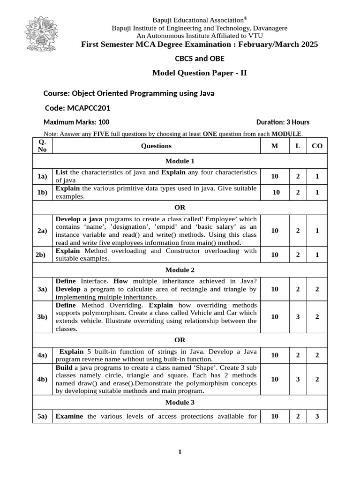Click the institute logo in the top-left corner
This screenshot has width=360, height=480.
pyautogui.click(x=48, y=35)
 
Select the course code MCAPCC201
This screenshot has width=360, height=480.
pyautogui.click(x=78, y=108)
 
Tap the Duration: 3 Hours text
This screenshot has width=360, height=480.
pyautogui.click(x=283, y=122)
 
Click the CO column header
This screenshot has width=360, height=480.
pyautogui.click(x=317, y=146)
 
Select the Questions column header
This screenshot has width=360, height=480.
pyautogui.click(x=156, y=146)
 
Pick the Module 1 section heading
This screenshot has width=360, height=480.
pyautogui.click(x=180, y=161)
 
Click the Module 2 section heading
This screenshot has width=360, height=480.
pyautogui.click(x=180, y=270)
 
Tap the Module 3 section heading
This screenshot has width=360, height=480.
pyautogui.click(x=180, y=402)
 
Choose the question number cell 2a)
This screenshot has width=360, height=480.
pyautogui.click(x=42, y=231)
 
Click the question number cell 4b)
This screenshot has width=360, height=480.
pyautogui.click(x=42, y=379)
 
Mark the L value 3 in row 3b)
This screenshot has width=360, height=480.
pyautogui.click(x=298, y=316)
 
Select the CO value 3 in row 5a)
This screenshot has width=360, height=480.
pyautogui.click(x=317, y=416)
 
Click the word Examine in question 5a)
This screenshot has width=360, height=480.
pyautogui.click(x=69, y=416)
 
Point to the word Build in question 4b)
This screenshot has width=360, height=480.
pyautogui.click(x=64, y=367)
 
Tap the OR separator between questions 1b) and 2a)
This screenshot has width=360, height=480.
pyautogui.click(x=180, y=207)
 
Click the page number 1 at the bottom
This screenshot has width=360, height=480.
pyautogui.click(x=180, y=452)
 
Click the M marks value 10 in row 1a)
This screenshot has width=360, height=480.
pyautogui.click(x=275, y=176)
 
